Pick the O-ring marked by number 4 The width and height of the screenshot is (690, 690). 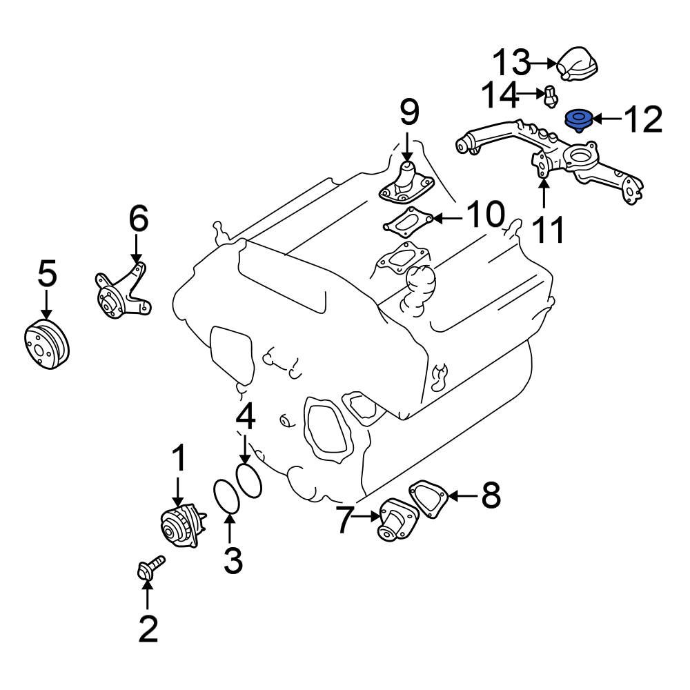249,480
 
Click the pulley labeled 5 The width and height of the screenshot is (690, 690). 46,345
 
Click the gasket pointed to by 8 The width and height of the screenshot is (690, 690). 428,500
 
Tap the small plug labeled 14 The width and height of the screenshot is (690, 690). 550,97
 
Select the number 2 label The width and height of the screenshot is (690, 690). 148,628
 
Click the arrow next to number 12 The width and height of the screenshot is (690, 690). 604,120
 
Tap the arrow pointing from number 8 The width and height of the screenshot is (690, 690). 462,495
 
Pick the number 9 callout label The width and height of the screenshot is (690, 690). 408,112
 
